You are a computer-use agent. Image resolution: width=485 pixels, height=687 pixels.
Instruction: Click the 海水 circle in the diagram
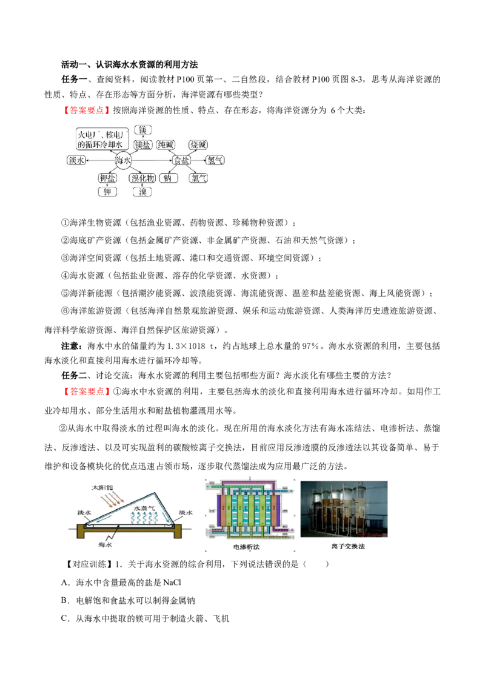(x=123, y=160)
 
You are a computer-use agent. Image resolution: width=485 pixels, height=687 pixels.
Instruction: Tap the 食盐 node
(x=181, y=160)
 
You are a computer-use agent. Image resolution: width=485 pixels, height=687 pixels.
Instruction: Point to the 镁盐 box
(x=142, y=145)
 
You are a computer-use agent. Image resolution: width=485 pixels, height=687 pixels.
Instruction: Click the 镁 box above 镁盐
(x=142, y=130)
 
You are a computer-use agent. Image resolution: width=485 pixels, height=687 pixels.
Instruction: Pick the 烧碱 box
(x=198, y=145)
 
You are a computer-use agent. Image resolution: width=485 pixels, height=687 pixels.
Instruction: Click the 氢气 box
(x=215, y=160)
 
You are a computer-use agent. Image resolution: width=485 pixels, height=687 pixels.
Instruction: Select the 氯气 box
(x=198, y=178)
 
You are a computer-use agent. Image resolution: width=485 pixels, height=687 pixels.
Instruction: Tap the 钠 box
(x=167, y=178)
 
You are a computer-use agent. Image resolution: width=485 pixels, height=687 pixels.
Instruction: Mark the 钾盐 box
(x=109, y=178)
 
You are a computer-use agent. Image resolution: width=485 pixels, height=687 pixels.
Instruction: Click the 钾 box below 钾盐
(x=109, y=192)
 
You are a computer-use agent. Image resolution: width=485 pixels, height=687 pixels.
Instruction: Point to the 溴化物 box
(x=142, y=178)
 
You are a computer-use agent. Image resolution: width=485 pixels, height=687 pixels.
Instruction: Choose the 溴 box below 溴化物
(x=142, y=192)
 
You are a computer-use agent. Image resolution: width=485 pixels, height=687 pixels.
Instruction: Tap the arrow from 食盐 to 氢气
(x=198, y=160)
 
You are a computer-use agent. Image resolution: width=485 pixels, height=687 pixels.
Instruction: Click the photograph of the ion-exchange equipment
(x=344, y=509)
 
